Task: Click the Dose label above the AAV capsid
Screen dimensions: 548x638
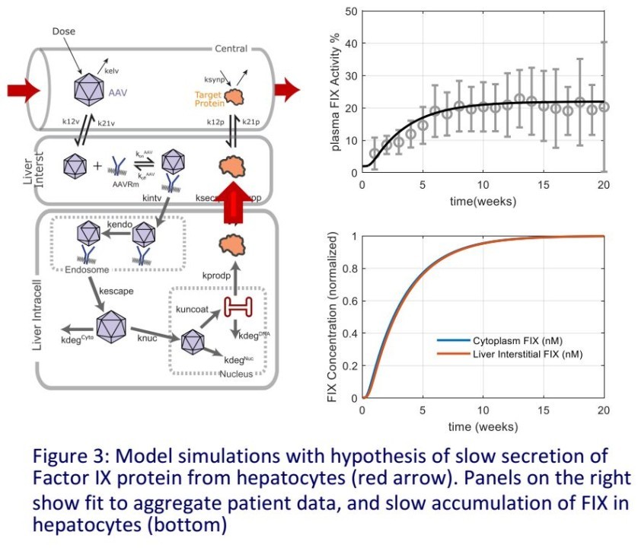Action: [64, 32]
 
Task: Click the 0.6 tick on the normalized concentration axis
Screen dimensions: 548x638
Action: [348, 301]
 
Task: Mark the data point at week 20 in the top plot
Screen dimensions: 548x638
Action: [604, 107]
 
